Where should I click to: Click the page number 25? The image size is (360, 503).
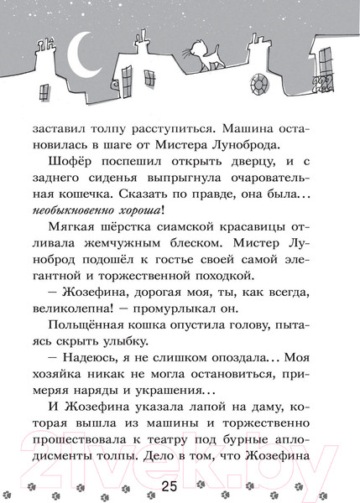(180, 484)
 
